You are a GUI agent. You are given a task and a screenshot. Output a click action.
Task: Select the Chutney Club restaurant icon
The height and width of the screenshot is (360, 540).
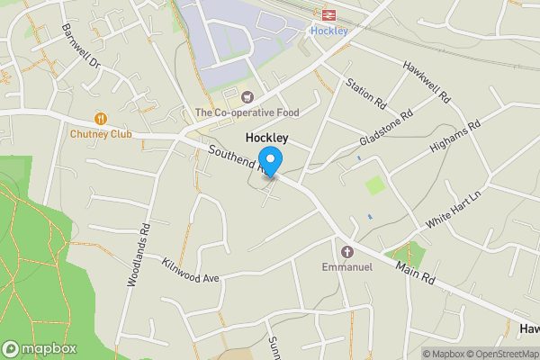tap(101, 118)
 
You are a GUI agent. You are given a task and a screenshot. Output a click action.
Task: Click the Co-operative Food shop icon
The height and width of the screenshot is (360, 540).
tap(247, 97)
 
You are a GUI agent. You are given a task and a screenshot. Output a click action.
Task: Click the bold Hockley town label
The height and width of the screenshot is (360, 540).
tap(267, 138)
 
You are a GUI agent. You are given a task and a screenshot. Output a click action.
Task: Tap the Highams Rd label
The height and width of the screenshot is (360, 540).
tap(456, 137)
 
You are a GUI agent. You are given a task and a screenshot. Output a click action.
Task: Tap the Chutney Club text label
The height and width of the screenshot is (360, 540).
tap(101, 134)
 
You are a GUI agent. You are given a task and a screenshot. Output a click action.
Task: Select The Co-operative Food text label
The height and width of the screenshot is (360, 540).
tap(247, 112)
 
